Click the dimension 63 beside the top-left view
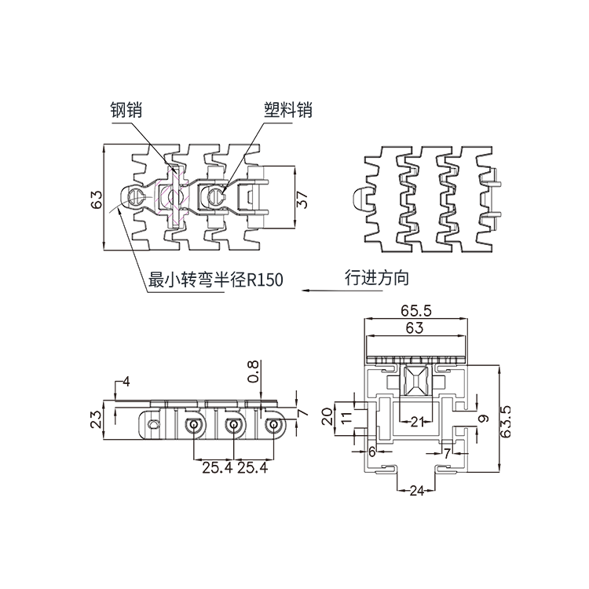[x=97, y=199]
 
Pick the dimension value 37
[x=302, y=199]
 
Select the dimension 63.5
[x=507, y=421]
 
